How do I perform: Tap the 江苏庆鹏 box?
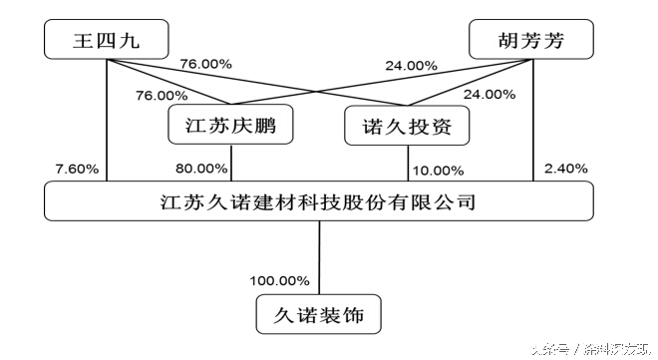click(x=230, y=127)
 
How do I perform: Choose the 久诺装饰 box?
click(x=319, y=315)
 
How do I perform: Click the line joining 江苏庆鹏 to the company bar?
click(x=231, y=166)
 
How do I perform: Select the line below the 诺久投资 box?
click(x=408, y=166)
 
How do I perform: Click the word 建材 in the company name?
click(x=281, y=202)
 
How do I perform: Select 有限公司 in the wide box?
click(x=439, y=202)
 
